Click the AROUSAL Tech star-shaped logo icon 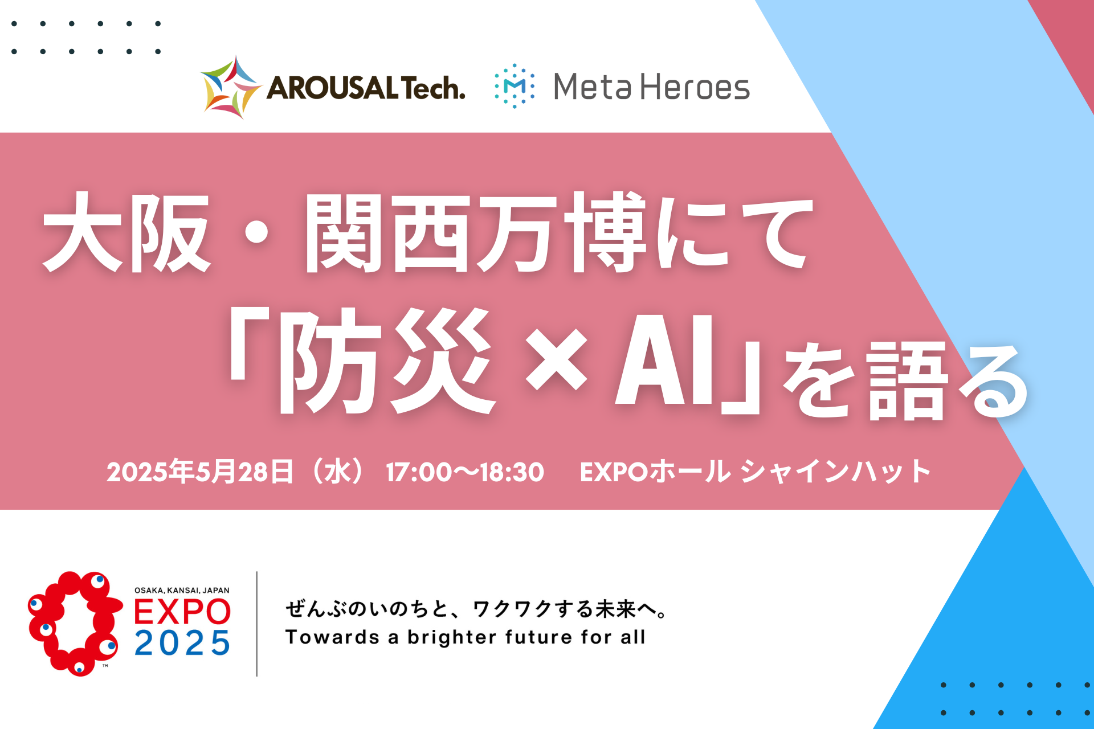coord(231,87)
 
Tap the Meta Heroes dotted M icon coord(515,86)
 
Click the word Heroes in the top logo coord(695,87)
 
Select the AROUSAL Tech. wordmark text coord(366,88)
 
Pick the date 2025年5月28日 coord(200,472)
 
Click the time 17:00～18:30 coord(465,472)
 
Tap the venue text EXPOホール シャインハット coord(755,472)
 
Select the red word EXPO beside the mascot coord(182,612)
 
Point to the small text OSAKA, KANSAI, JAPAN coord(182,591)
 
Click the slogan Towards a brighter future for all coord(466,637)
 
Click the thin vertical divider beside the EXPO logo coord(257,624)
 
